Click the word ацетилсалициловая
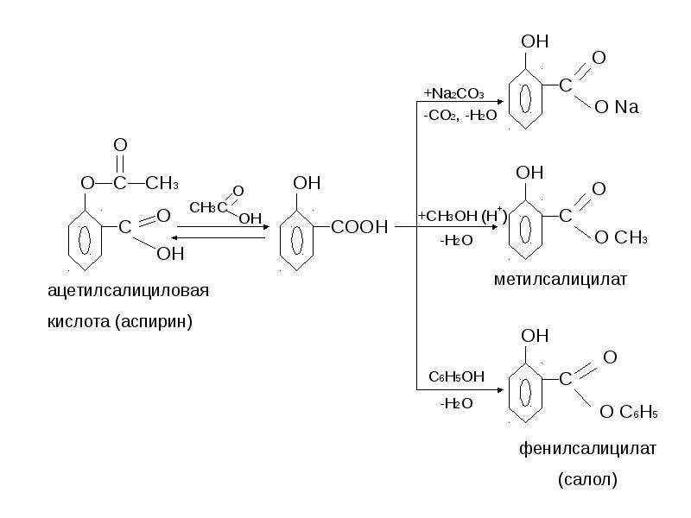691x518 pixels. tap(128, 292)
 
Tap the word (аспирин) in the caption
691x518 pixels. tap(154, 322)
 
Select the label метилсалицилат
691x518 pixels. tap(560, 279)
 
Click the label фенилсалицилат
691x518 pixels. tap(587, 449)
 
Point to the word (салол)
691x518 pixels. tap(587, 479)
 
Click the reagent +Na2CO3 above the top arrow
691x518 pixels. tap(454, 93)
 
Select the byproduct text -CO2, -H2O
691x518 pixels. tap(460, 116)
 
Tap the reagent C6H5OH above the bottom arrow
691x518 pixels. tap(457, 376)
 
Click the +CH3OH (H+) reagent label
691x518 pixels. tap(462, 215)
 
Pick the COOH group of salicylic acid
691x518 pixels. tap(359, 227)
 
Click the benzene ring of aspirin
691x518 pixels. tap(85, 240)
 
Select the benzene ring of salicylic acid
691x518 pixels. tap(296, 240)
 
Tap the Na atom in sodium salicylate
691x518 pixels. tap(627, 107)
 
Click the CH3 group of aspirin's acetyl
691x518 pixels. tap(162, 183)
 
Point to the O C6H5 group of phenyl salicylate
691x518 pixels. tap(629, 413)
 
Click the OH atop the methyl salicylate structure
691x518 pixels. tap(529, 173)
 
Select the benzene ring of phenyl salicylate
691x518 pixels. tap(525, 393)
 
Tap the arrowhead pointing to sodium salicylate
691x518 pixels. tap(500, 102)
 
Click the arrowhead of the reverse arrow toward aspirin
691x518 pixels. tap(174, 238)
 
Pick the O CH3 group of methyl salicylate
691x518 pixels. tap(621, 238)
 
